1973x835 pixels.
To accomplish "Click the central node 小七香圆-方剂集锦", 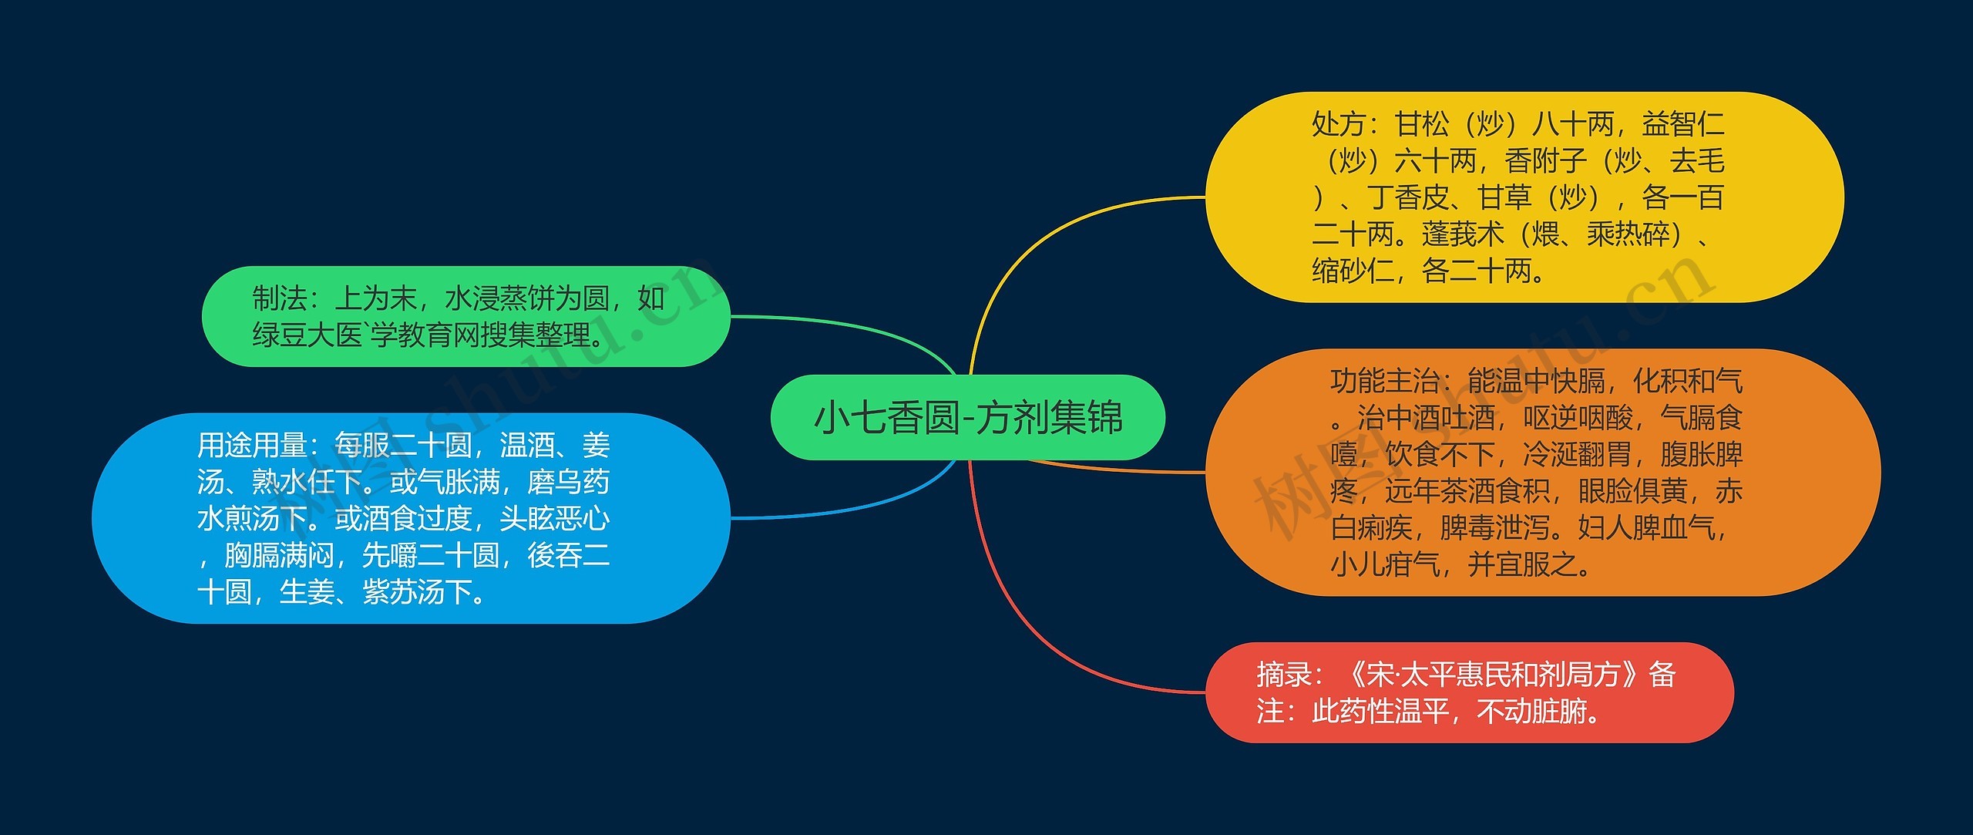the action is pos(968,418).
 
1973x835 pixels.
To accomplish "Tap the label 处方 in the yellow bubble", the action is pos(1339,124).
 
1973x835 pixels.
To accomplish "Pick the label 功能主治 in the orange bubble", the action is pos(1385,382).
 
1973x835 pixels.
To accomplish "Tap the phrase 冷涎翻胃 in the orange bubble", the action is pos(1577,455).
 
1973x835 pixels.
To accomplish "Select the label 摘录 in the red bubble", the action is pos(1283,675).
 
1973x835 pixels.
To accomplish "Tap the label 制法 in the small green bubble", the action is pos(280,298).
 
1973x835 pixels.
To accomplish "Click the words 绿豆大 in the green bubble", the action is pos(293,335).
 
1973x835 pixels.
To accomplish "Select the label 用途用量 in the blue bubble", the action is pos(251,446).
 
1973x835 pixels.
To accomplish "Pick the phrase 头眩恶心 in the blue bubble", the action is pos(554,519).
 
